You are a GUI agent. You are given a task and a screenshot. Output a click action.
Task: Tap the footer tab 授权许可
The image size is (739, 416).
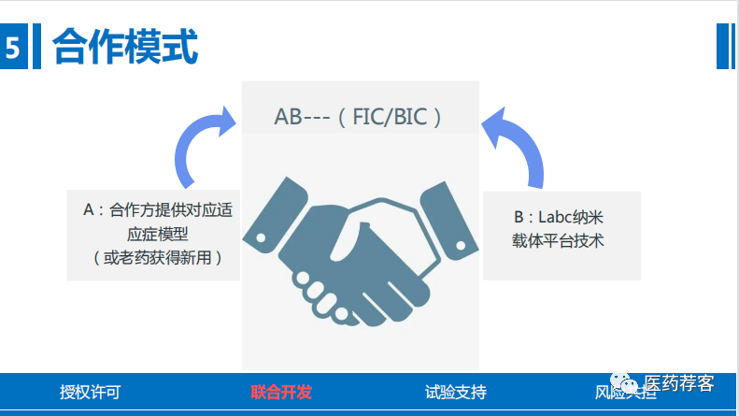pyautogui.click(x=90, y=392)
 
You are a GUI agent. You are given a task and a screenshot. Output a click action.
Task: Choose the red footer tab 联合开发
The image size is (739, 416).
pyautogui.click(x=281, y=392)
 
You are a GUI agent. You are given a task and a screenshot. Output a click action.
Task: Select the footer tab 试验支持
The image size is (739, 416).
pyautogui.click(x=455, y=392)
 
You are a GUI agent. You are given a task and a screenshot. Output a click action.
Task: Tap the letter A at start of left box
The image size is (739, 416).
pyautogui.click(x=89, y=211)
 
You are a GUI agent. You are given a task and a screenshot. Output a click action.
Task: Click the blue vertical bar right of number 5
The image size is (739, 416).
pyautogui.click(x=37, y=47)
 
